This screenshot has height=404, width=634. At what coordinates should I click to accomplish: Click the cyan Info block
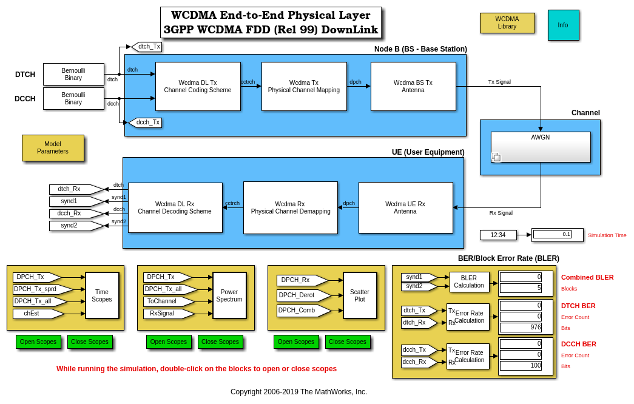click(x=563, y=25)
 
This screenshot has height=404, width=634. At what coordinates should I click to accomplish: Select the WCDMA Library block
click(x=507, y=23)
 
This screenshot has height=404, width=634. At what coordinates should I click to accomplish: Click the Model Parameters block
click(x=53, y=148)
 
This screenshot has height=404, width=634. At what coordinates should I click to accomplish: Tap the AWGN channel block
click(x=541, y=147)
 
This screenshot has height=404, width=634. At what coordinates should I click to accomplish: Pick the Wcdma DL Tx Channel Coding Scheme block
click(x=198, y=86)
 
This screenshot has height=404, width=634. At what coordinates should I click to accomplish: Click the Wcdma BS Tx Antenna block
click(x=413, y=86)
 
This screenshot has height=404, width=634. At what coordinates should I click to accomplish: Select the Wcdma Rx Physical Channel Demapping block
click(x=290, y=207)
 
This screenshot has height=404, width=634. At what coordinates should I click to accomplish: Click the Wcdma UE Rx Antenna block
click(x=405, y=207)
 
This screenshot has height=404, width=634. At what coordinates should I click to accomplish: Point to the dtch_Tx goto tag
click(x=148, y=47)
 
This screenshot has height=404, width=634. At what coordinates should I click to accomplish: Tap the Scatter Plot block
click(x=360, y=295)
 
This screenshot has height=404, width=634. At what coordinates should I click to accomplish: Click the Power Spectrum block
click(x=229, y=295)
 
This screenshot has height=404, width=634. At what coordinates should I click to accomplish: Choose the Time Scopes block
click(x=102, y=295)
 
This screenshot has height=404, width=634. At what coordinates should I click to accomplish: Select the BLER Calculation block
click(x=469, y=282)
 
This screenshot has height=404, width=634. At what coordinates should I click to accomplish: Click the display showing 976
click(x=521, y=328)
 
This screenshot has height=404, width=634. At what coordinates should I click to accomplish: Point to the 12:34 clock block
click(x=498, y=235)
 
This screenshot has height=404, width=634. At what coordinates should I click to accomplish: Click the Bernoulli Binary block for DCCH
click(x=73, y=98)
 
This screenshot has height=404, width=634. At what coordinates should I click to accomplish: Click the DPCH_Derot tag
click(x=302, y=295)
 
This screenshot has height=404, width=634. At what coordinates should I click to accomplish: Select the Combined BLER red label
click(x=587, y=277)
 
